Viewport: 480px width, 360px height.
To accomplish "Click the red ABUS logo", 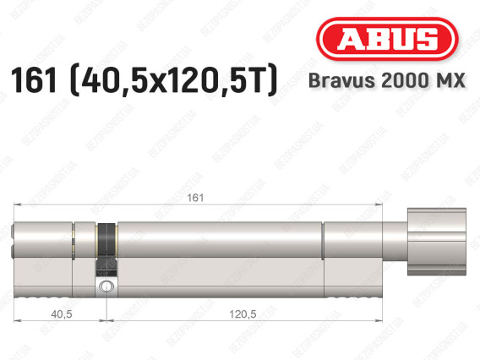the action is (387, 39).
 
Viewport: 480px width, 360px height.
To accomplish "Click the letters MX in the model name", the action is (450, 80).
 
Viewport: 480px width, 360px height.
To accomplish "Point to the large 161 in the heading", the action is (35, 80).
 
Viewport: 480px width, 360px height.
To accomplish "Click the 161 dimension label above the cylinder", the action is (195, 198).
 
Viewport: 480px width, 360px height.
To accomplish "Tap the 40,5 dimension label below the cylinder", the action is (62, 314).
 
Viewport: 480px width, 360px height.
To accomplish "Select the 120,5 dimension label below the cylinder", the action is (243, 314).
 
